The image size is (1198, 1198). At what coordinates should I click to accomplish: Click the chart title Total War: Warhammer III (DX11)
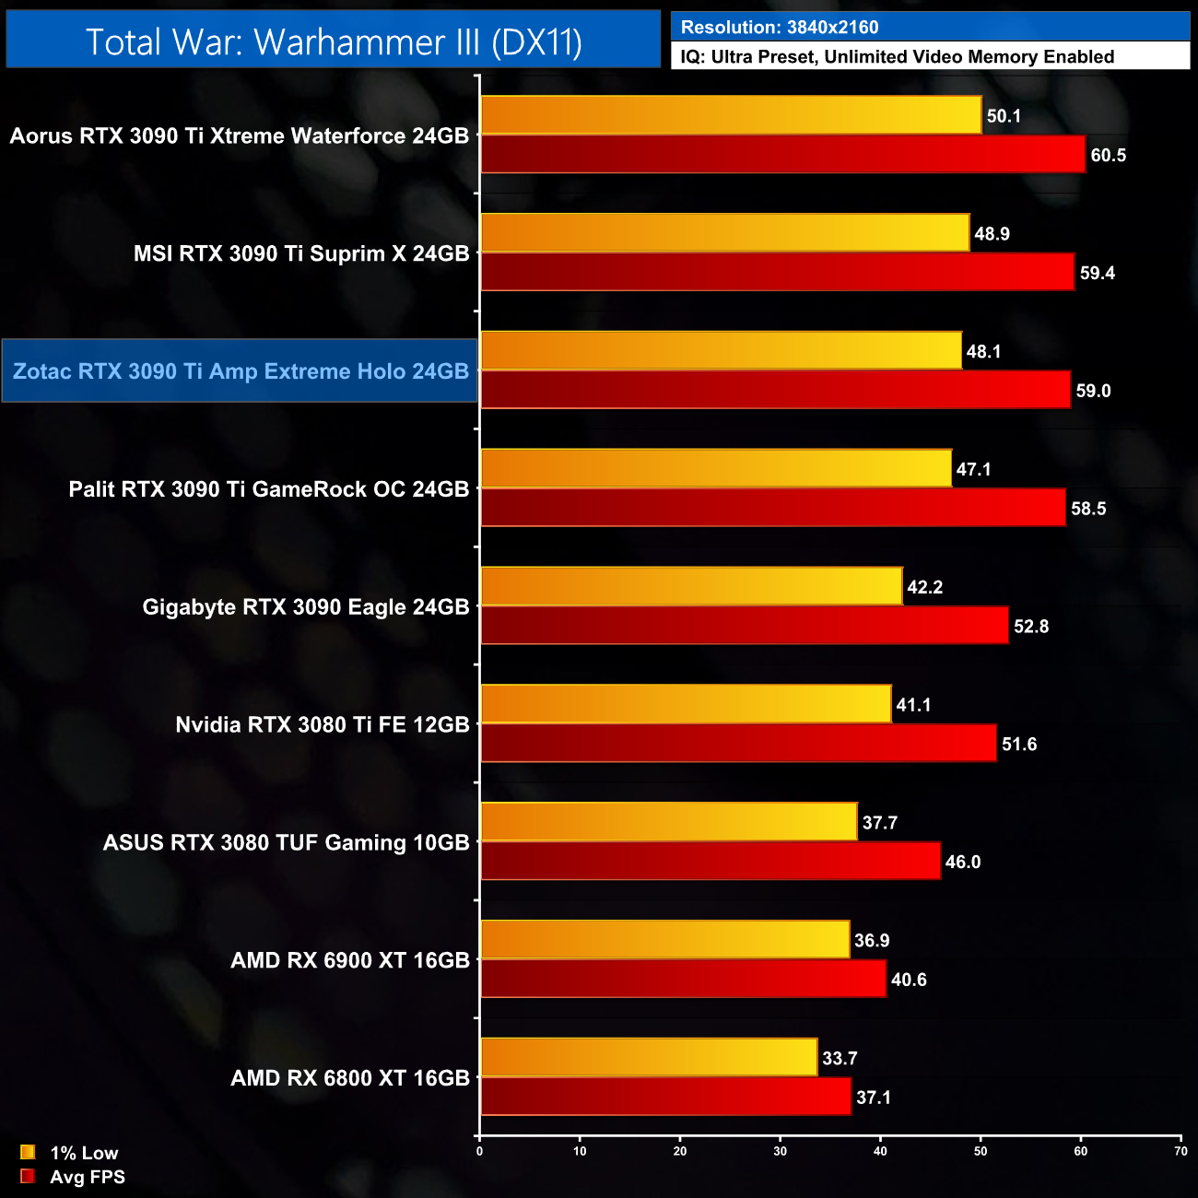pos(334,41)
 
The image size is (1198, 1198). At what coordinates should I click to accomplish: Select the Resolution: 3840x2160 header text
pos(780,28)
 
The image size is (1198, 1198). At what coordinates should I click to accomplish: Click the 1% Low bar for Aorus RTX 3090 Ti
pos(731,115)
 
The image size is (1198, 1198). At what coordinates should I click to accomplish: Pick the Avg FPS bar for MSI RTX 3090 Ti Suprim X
pos(777,272)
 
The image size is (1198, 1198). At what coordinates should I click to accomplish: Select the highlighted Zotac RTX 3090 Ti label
pos(241,371)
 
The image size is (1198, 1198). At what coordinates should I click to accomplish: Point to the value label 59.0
pos(1093,391)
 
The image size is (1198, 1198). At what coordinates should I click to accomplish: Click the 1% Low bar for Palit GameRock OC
pos(716,468)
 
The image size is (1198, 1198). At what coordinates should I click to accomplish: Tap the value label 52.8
pos(1030,627)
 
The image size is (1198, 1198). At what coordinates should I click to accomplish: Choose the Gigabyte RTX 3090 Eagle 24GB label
pos(306,607)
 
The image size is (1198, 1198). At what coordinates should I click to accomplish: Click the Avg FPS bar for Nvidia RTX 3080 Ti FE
pos(738,744)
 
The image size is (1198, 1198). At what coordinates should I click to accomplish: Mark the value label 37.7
pos(879,823)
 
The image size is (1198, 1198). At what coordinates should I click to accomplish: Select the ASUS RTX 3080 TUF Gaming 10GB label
pos(287,843)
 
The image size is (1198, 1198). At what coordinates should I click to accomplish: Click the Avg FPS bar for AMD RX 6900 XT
pos(683,979)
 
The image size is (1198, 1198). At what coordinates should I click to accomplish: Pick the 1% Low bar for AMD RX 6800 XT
pos(649,1057)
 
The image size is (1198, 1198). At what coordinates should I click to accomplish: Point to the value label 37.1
pos(873,1098)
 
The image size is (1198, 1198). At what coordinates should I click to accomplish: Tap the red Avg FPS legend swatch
pos(28,1177)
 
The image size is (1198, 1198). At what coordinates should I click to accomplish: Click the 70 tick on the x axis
pos(1180,1151)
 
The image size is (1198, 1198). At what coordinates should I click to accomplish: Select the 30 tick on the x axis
pos(780,1151)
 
